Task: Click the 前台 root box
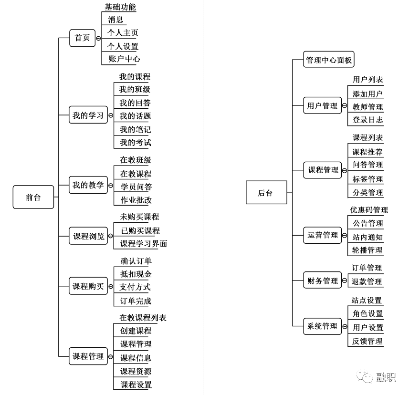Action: click(x=33, y=197)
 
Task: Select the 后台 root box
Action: click(x=266, y=193)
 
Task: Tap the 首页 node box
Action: click(x=82, y=38)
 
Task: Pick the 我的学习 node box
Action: click(x=88, y=115)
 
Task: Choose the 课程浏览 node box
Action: click(x=88, y=236)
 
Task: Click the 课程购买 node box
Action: click(x=88, y=286)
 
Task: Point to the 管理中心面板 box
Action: click(x=329, y=60)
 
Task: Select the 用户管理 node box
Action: click(x=322, y=106)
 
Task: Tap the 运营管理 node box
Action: click(x=323, y=235)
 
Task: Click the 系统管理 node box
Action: click(x=322, y=326)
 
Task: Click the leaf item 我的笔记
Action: click(x=135, y=129)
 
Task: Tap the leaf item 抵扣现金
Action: click(x=136, y=274)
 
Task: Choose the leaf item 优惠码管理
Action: click(x=369, y=210)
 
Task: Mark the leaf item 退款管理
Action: click(x=367, y=281)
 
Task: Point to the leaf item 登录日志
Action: click(x=367, y=120)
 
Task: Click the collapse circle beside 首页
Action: click(x=98, y=38)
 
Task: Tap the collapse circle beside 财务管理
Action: click(x=345, y=281)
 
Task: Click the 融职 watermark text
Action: click(x=386, y=378)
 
